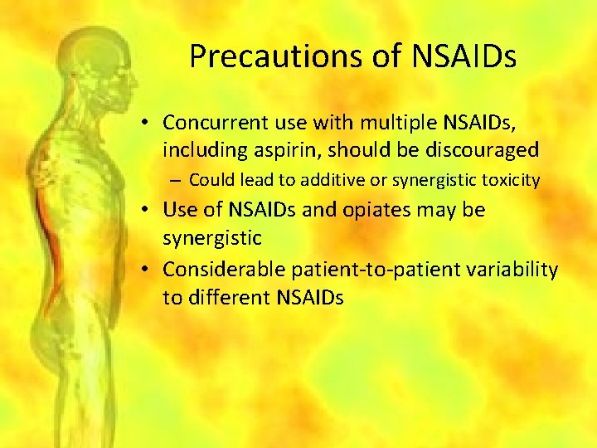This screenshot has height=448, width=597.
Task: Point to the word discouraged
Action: [x=470, y=151]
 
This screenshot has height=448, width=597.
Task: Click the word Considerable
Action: [x=222, y=270]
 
